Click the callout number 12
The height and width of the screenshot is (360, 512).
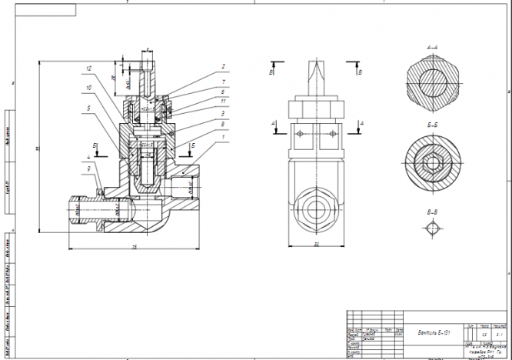pos(89,69)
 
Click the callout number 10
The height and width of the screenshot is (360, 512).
pos(89,88)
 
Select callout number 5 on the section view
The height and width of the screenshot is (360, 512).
pos(89,108)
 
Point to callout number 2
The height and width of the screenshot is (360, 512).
pos(223,67)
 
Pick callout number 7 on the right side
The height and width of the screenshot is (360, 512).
pos(223,81)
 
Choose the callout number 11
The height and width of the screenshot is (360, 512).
pos(223,101)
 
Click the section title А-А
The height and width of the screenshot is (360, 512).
pos(432,48)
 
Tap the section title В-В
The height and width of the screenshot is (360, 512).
pos(432,210)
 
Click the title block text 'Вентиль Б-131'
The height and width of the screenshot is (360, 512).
pos(434,331)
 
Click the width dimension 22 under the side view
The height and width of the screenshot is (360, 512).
pos(316,245)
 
